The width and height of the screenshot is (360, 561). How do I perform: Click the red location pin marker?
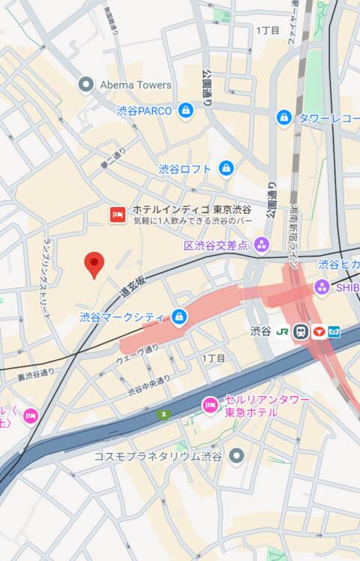(94, 264)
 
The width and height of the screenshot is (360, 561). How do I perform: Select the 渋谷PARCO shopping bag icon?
(185, 111)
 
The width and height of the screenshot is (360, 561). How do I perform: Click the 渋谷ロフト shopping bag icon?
(225, 169)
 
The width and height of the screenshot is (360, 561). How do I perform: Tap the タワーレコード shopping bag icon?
(283, 118)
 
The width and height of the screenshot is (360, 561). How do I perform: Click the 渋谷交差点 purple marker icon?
(261, 244)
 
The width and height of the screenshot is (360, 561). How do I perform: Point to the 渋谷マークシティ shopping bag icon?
(178, 317)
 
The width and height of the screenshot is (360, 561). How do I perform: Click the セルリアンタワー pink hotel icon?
(210, 406)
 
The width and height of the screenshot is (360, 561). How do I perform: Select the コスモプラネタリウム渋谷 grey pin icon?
(237, 455)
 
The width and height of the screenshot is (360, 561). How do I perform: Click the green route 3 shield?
(163, 414)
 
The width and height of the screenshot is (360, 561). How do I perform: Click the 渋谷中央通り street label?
(148, 385)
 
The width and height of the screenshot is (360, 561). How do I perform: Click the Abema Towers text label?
(135, 85)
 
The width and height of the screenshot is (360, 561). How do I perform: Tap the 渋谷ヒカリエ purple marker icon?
(321, 286)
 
